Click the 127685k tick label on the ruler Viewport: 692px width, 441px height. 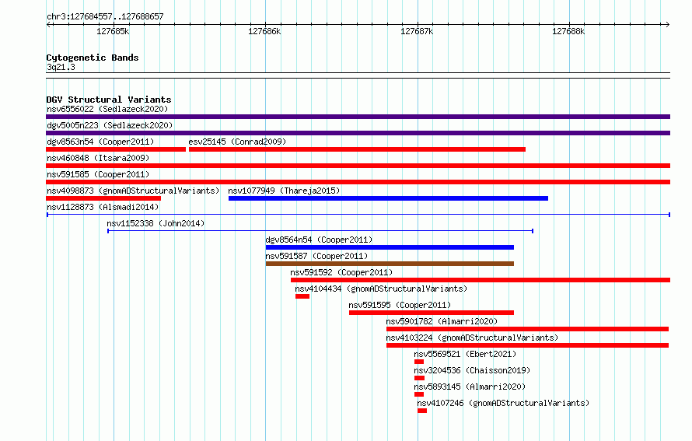113,31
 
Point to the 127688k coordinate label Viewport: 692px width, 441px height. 568,31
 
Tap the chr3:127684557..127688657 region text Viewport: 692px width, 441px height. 105,16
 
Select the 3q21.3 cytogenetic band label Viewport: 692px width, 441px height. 61,67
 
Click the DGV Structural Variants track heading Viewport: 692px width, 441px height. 109,100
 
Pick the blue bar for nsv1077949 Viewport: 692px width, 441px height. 388,198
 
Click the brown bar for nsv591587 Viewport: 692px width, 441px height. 390,264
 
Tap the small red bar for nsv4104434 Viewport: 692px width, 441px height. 302,296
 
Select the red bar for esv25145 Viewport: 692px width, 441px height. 357,149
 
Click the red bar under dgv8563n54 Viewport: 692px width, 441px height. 116,149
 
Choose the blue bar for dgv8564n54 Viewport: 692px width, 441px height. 390,247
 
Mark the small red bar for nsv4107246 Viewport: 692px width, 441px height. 422,411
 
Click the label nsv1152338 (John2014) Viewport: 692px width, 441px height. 156,223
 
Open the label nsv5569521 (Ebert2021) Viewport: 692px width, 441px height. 465,354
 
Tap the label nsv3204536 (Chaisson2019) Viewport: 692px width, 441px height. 472,370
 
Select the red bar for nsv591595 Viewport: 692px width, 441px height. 432,313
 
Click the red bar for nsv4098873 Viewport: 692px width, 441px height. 103,198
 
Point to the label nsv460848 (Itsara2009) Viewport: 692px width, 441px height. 98,158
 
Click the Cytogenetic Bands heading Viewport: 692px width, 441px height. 93,58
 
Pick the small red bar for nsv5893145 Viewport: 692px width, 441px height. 419,394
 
